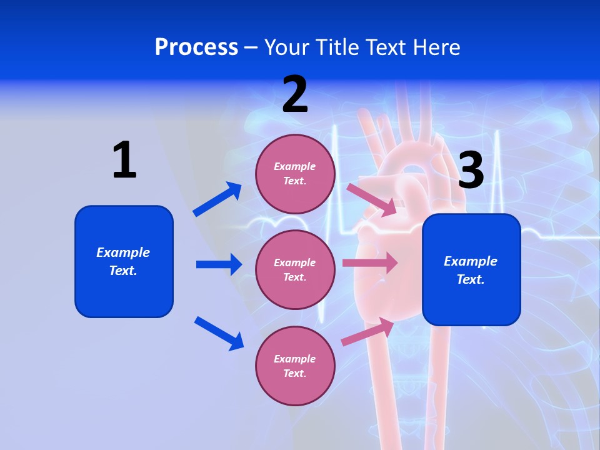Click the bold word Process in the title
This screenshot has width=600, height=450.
coord(196,47)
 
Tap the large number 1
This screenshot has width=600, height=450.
coord(124,160)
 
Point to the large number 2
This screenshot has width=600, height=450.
coord(295,95)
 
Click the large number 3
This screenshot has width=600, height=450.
coord(471,171)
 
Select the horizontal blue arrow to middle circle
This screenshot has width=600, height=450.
coord(219,264)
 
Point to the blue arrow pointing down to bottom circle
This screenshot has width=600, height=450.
coord(219,333)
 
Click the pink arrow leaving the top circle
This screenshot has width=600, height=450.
coord(372,199)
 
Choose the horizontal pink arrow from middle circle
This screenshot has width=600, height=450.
coord(370,262)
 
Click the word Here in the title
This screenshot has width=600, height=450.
coord(437,47)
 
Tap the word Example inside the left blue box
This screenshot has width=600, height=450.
coord(123,252)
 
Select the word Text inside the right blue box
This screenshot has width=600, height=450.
coord(470,279)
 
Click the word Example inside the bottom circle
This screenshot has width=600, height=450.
coord(295,359)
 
